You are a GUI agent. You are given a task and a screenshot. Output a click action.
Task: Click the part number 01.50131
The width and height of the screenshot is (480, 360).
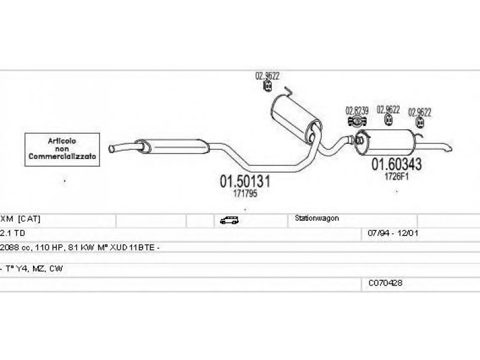pyautogui.click(x=245, y=181)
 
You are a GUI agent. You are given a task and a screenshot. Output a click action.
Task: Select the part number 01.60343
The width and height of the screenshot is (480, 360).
pyautogui.click(x=396, y=164)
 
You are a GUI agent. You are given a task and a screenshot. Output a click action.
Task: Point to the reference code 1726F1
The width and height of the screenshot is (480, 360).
pyautogui.click(x=396, y=176)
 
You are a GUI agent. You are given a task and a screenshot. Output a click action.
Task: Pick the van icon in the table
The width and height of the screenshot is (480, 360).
pyautogui.click(x=229, y=220)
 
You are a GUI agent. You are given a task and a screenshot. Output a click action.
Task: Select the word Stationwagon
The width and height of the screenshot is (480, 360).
pyautogui.click(x=317, y=218)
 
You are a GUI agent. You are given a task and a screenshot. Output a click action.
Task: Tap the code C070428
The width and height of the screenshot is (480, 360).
pyautogui.click(x=385, y=282)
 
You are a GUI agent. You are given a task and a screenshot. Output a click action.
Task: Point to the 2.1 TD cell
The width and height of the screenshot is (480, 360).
pyautogui.click(x=12, y=232)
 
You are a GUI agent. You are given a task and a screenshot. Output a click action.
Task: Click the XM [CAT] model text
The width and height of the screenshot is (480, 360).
pyautogui.click(x=20, y=218)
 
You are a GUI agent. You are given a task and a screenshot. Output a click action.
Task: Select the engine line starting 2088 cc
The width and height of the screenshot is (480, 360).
pyautogui.click(x=79, y=247)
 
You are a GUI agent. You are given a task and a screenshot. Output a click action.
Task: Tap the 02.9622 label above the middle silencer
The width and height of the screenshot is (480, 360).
pyautogui.click(x=268, y=76)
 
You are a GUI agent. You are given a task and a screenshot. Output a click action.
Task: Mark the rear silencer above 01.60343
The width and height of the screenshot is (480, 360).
pyautogui.click(x=389, y=142)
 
